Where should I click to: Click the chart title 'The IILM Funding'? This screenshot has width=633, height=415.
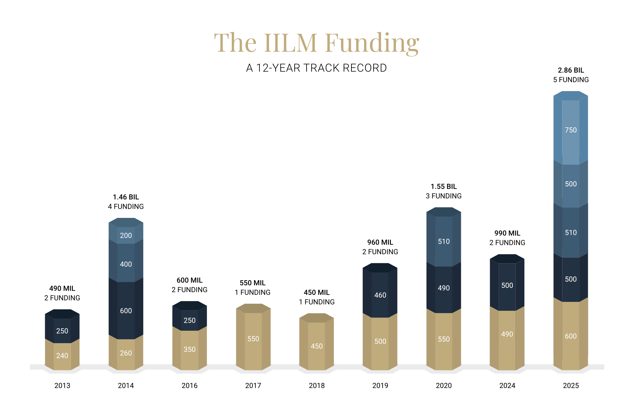click(316, 43)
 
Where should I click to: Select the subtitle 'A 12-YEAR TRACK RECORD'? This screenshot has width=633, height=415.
click(316, 68)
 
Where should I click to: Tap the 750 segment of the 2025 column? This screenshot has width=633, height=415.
click(570, 130)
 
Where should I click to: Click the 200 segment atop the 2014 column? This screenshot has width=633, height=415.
click(126, 235)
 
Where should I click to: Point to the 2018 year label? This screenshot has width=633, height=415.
click(317, 386)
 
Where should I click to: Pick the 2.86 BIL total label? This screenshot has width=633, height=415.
click(571, 70)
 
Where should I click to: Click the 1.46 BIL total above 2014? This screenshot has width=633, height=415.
click(126, 197)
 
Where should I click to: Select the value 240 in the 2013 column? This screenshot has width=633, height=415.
click(62, 355)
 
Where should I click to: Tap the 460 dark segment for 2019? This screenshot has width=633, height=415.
click(380, 295)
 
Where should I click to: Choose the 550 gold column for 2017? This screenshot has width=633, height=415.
click(253, 339)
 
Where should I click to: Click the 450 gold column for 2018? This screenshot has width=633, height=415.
click(317, 346)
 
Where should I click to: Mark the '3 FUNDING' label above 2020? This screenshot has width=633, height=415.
click(444, 196)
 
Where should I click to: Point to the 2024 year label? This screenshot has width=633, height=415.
click(507, 386)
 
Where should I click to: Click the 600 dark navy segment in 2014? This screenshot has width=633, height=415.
click(126, 311)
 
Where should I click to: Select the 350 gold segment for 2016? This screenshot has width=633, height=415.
click(189, 349)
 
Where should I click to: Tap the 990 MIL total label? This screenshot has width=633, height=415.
click(507, 233)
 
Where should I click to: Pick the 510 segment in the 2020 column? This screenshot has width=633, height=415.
click(444, 241)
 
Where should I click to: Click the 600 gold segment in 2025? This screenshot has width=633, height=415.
click(570, 336)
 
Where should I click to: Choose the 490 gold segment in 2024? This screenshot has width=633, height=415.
click(507, 334)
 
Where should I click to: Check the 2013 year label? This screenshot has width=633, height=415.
click(62, 386)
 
